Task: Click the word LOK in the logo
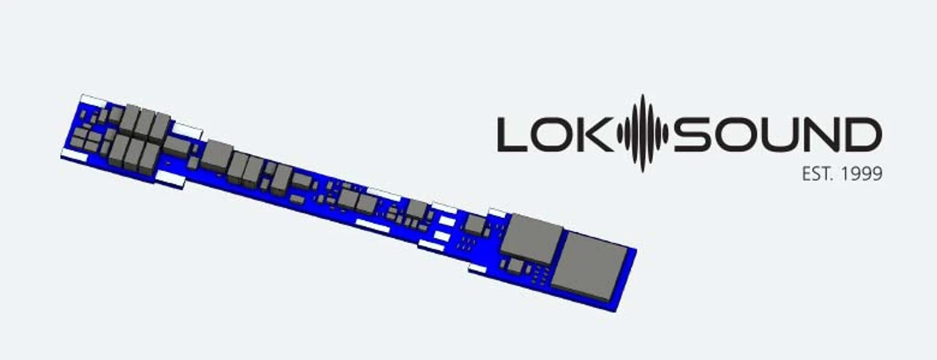coord(556,135)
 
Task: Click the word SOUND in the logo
coord(777,135)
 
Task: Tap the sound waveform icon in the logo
coord(642,134)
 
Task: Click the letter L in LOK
coord(512,135)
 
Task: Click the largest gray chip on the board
coord(590,266)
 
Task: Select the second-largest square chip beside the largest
coord(531,238)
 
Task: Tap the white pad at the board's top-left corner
coord(93,100)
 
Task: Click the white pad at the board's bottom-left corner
coord(74,155)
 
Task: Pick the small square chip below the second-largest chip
coord(515,266)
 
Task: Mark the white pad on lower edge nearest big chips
coord(477,269)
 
